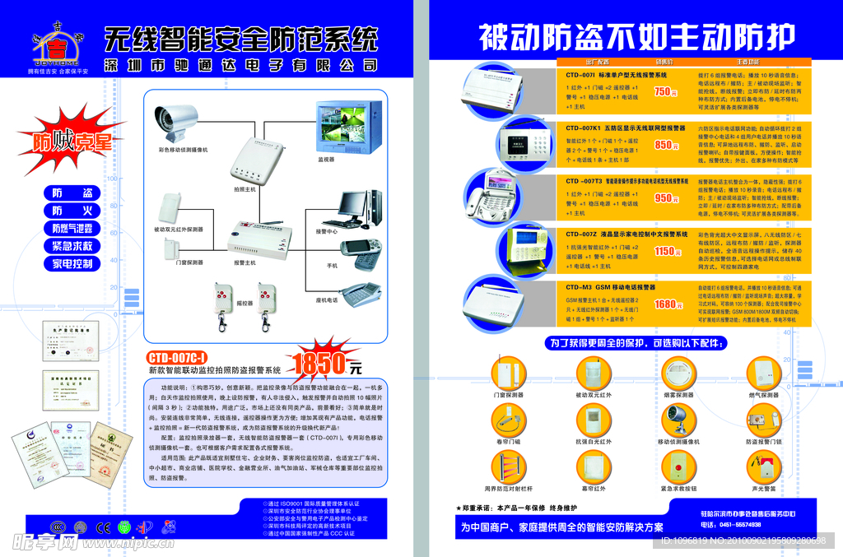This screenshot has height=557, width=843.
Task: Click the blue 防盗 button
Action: point(72,193)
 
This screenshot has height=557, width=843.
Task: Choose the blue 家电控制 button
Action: point(72,264)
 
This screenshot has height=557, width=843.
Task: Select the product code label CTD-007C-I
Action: point(177,358)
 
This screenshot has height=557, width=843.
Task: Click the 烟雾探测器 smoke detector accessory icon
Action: point(678,374)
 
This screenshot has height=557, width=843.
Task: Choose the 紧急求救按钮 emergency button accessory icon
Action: point(678,469)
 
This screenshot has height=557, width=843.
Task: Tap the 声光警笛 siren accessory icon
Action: point(765,469)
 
